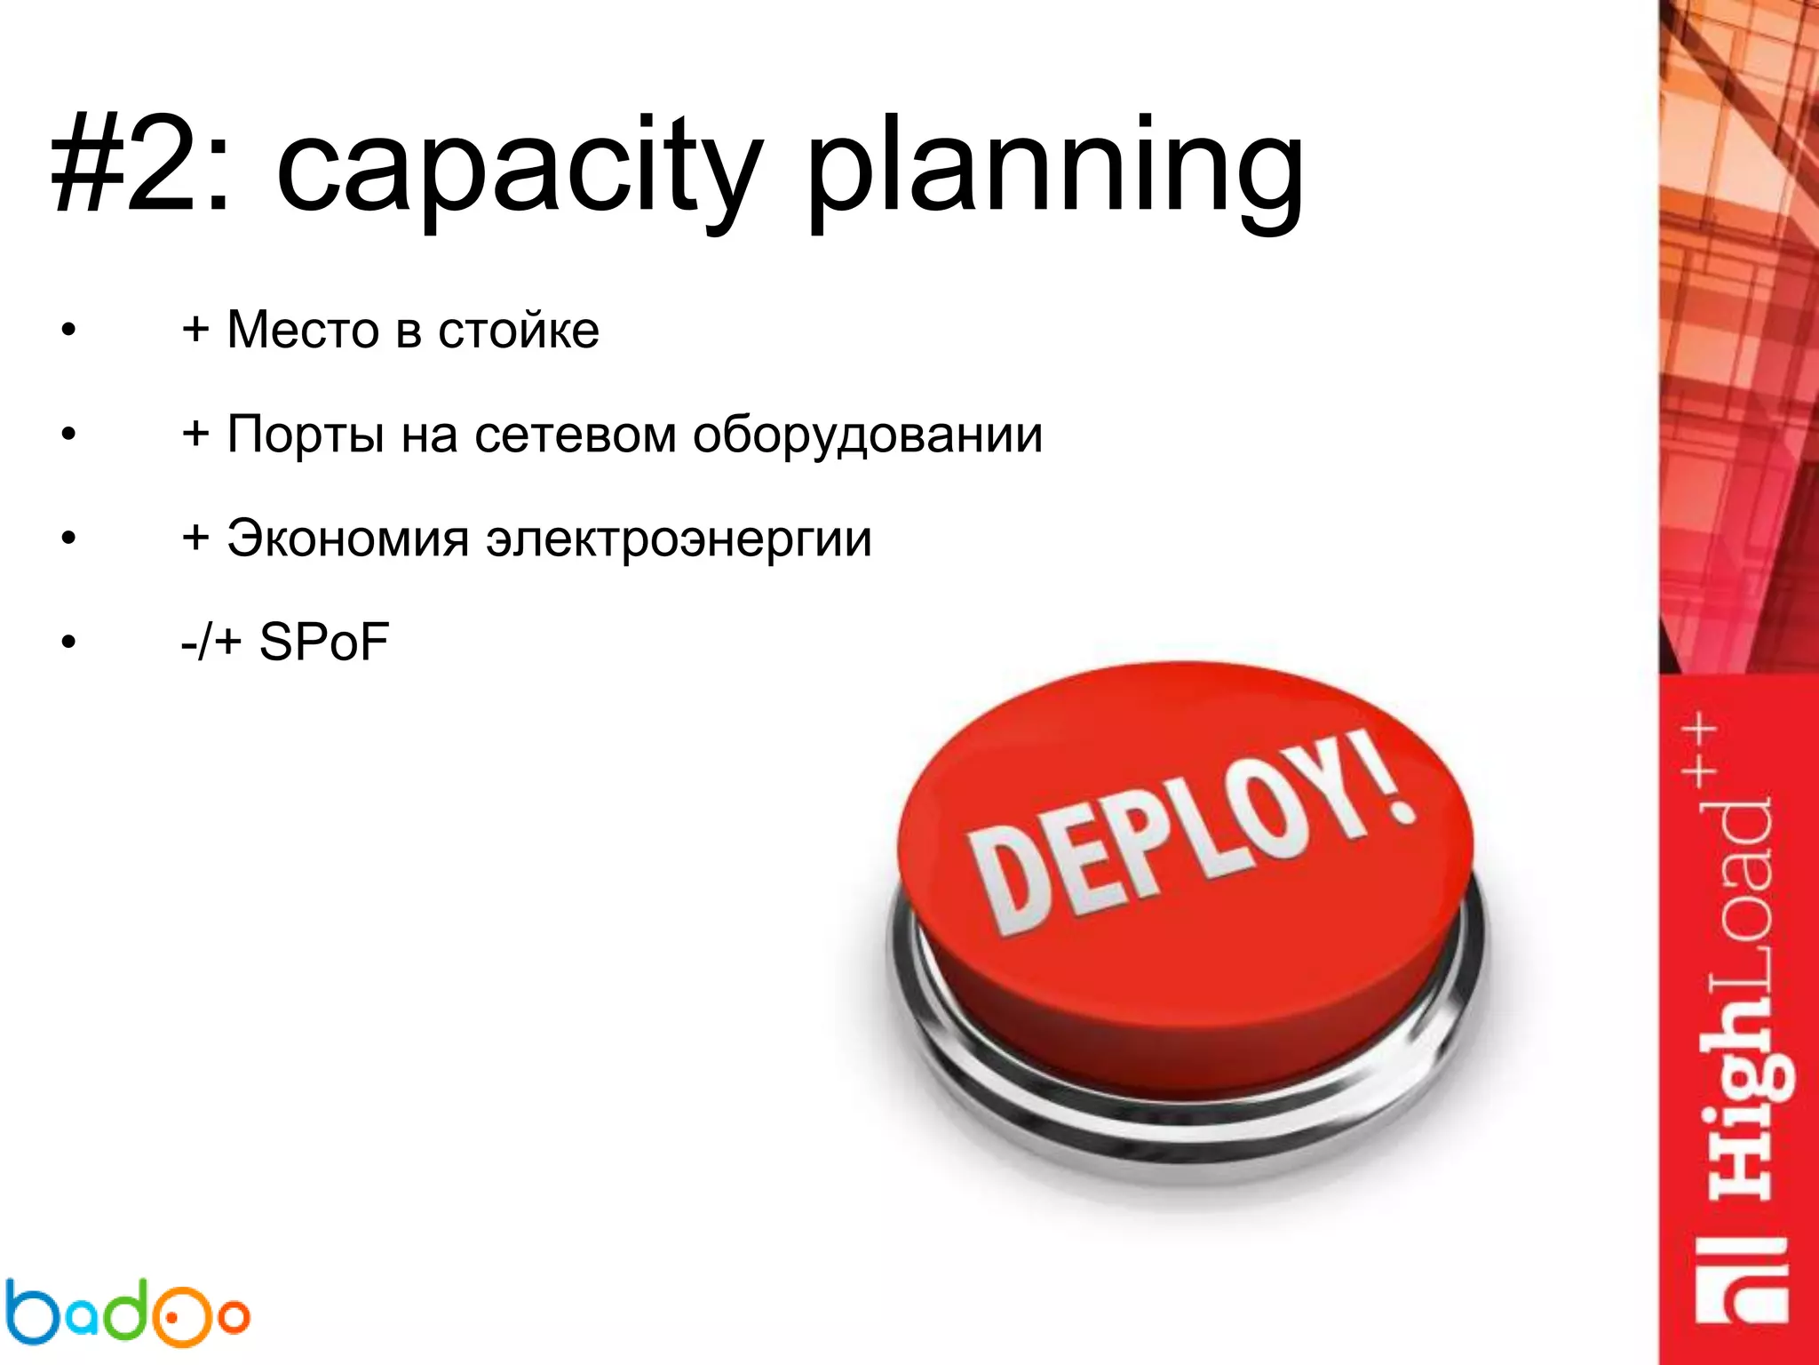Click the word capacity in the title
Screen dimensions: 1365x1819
point(520,169)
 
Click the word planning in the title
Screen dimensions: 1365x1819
point(1054,169)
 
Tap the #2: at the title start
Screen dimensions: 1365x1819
point(142,169)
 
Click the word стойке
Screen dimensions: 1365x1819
point(519,331)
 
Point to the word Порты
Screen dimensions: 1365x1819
point(306,435)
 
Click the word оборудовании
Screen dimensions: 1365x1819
point(868,435)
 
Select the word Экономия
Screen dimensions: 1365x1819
point(347,539)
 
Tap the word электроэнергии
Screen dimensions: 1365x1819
point(679,539)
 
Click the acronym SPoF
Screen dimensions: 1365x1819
point(324,642)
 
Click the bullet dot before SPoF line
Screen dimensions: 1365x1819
point(68,643)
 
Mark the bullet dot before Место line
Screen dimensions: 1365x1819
point(68,331)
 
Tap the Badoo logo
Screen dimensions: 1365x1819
point(124,1312)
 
